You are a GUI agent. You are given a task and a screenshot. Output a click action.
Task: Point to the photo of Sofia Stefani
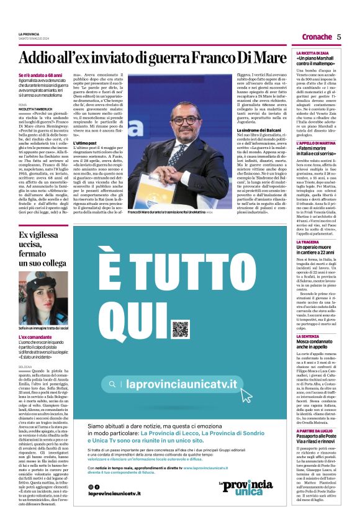tap(43, 296)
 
